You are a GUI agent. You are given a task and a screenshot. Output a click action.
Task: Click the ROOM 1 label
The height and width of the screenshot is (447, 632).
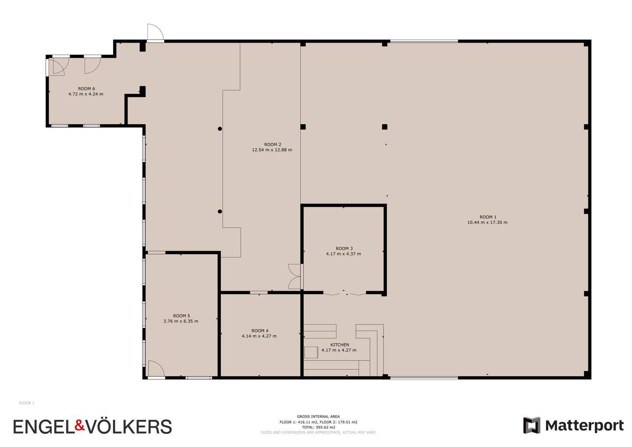tap(488, 217)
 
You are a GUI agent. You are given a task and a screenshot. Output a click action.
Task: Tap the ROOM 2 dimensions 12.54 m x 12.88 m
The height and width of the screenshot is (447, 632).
tap(272, 150)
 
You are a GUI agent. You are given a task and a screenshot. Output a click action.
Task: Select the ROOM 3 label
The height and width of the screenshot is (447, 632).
tap(344, 249)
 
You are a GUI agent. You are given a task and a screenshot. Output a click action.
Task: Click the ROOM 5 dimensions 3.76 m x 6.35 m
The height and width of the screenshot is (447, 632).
tap(181, 321)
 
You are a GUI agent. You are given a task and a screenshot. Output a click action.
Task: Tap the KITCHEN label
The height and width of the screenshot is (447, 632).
tap(340, 345)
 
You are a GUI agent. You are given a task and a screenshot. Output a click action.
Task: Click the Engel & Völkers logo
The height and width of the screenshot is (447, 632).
tap(93, 426)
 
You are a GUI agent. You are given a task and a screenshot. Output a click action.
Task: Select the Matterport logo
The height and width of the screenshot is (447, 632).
tap(573, 425)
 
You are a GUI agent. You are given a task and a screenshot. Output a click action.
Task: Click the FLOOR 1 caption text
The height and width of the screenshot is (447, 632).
tap(26, 403)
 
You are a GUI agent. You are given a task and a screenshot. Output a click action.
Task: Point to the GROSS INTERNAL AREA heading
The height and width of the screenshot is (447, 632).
tap(318, 416)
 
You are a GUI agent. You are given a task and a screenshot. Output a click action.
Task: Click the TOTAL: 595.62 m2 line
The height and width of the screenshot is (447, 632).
tap(318, 427)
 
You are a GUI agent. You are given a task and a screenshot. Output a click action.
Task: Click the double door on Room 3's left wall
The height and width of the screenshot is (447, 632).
tap(295, 277)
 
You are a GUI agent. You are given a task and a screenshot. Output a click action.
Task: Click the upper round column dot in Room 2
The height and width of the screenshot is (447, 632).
tap(220, 129)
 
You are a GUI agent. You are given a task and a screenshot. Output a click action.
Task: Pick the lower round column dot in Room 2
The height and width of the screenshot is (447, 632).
tap(220, 211)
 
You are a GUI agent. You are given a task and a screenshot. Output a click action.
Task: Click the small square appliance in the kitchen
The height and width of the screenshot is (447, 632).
tap(311, 353)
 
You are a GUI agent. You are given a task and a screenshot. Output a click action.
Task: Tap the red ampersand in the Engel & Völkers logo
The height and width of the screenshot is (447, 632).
tap(80, 425)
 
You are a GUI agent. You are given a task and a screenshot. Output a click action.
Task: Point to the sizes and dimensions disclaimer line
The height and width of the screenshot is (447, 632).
tap(318, 433)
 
